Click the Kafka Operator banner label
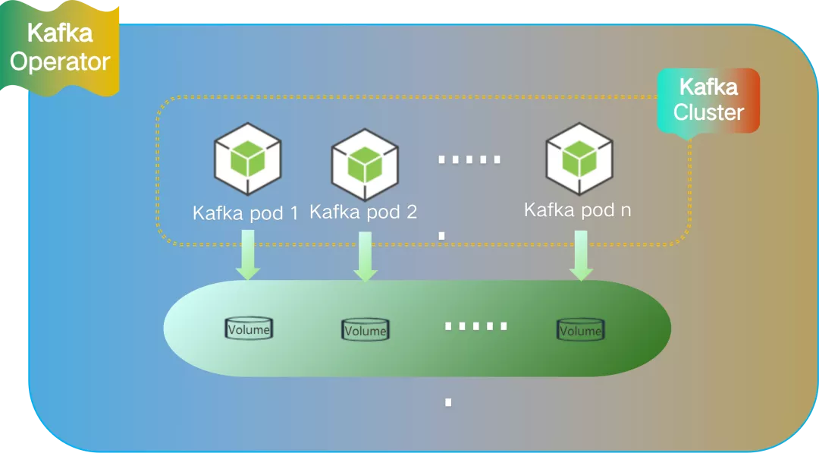click(x=60, y=47)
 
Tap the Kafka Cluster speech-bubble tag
click(x=708, y=100)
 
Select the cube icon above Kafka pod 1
click(x=248, y=160)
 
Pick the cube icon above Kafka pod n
click(x=580, y=158)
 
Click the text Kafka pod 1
click(x=246, y=212)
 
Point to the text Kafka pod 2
click(x=363, y=212)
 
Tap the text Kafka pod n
click(x=577, y=209)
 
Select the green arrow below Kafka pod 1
click(x=247, y=256)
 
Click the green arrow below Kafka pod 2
click(x=365, y=256)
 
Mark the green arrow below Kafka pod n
click(x=581, y=256)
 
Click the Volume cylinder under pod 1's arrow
click(x=249, y=329)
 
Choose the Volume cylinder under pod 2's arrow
click(x=365, y=329)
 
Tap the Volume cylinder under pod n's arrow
click(x=580, y=329)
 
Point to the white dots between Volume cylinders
click(x=475, y=326)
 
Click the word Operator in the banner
click(x=60, y=61)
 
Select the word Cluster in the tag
click(x=708, y=112)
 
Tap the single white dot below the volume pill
click(x=448, y=402)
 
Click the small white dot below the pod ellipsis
click(x=441, y=236)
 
